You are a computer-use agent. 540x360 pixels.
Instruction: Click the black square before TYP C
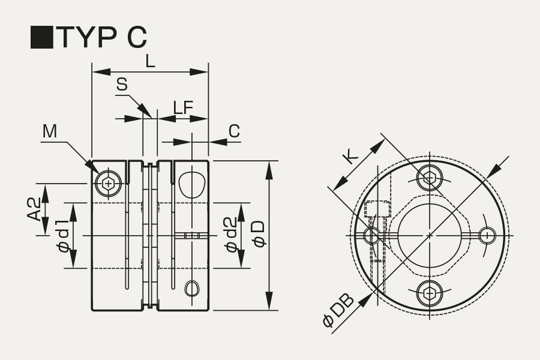tap(42, 37)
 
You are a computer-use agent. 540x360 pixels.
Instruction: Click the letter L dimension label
tap(150, 62)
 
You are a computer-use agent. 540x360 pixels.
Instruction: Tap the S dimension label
tap(122, 85)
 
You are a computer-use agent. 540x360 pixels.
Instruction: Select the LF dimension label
tap(183, 108)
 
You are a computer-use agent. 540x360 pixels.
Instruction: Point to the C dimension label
tap(234, 131)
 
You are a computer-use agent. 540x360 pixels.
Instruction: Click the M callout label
tap(50, 131)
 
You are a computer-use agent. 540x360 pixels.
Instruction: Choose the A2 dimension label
tap(34, 209)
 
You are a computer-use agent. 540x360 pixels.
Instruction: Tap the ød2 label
tap(231, 235)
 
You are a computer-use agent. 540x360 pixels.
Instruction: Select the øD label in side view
tap(259, 234)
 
